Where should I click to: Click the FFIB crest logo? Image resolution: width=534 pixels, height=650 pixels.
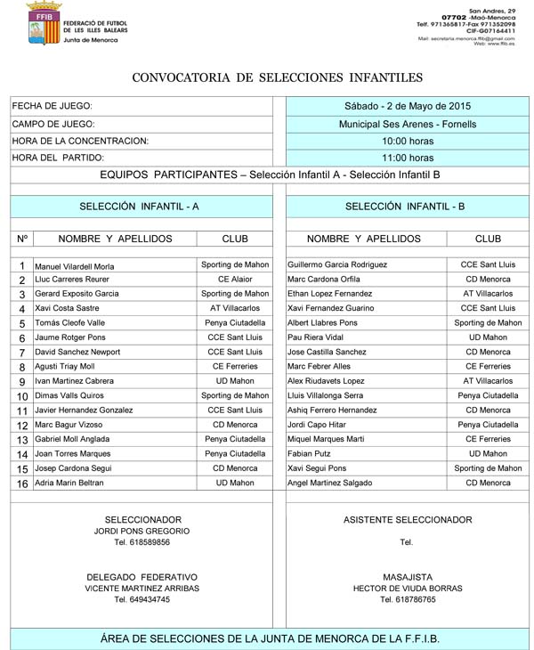point(42,24)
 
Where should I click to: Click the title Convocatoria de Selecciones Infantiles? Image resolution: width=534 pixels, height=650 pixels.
point(277,78)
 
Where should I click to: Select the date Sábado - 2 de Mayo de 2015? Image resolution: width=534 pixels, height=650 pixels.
point(408,106)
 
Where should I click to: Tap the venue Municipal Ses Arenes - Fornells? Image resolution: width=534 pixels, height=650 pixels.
point(408,124)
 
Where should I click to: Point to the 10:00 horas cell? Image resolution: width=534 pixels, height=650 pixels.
point(408,141)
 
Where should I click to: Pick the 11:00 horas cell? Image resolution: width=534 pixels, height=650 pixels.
point(408,158)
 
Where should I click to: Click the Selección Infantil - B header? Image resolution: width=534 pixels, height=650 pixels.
point(405,206)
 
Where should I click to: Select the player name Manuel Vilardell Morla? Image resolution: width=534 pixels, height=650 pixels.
point(74,266)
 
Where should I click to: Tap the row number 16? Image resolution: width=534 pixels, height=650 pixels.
point(22,483)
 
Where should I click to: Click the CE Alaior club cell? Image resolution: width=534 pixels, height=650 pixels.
point(235,280)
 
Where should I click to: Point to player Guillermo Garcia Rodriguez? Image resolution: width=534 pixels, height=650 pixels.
point(337,265)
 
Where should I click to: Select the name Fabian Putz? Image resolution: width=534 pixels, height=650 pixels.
point(309,453)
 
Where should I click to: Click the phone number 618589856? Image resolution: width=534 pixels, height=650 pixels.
point(142,542)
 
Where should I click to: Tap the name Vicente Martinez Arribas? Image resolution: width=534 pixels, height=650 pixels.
point(142,589)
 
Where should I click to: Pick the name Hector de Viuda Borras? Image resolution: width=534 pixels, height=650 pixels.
point(408,589)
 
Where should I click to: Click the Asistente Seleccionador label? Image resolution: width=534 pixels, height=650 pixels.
point(408,520)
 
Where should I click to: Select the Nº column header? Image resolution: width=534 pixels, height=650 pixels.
point(22,239)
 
